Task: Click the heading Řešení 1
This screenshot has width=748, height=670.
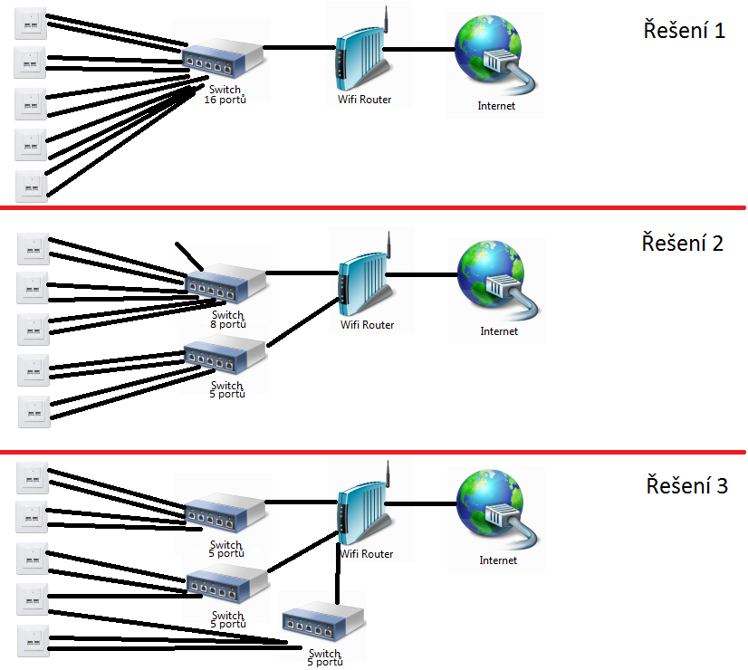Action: [x=684, y=31]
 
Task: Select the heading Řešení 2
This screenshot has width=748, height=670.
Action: [x=683, y=243]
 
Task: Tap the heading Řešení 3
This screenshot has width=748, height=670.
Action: [x=686, y=485]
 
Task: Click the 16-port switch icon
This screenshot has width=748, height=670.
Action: [x=225, y=60]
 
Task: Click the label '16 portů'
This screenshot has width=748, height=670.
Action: [x=225, y=100]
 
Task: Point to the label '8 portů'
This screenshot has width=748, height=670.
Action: [x=227, y=324]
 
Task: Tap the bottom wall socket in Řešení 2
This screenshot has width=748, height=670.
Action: [x=34, y=412]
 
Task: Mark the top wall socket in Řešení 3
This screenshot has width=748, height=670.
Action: [x=31, y=476]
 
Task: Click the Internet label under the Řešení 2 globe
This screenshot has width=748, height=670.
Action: [x=498, y=331]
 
